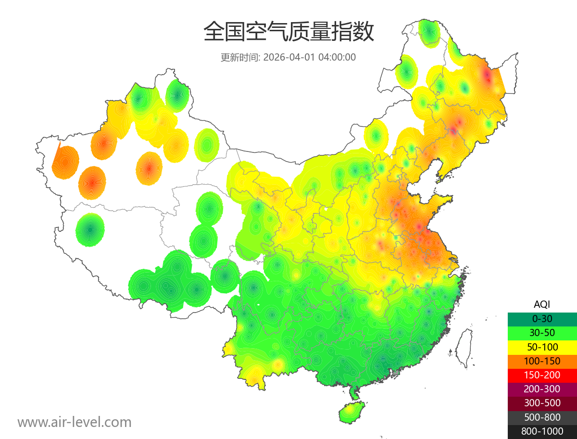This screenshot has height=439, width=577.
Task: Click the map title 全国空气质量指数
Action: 288,32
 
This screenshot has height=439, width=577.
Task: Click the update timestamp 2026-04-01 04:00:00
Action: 310,57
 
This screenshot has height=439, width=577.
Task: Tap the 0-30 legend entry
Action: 542,318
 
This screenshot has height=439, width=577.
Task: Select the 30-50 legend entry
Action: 542,332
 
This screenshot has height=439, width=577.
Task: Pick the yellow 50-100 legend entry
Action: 542,346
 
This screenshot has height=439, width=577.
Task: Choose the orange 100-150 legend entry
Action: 542,361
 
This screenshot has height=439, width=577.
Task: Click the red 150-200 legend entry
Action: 542,375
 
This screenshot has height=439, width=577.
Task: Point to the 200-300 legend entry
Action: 542,389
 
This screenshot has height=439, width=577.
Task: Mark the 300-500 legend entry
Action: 542,403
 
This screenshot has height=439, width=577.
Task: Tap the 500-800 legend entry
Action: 542,417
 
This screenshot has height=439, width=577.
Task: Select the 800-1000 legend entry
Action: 542,431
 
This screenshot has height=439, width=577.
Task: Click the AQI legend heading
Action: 542,304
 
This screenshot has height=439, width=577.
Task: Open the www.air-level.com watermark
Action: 75,422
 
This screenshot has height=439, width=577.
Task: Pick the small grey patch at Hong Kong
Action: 396,372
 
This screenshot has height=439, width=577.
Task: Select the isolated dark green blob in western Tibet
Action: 90,230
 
